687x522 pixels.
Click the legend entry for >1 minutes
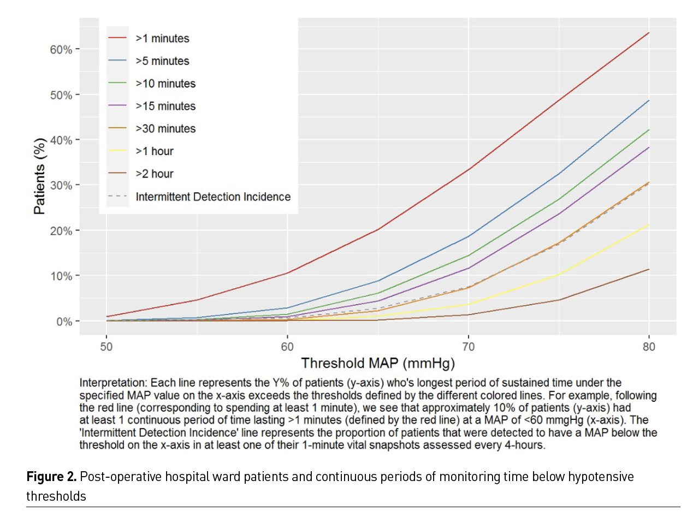pos(162,38)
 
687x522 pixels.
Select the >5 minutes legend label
pos(162,61)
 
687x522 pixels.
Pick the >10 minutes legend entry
pos(165,84)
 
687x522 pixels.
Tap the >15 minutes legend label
pos(165,106)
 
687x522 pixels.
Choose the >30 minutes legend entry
pos(165,129)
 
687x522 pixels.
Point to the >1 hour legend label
pos(155,151)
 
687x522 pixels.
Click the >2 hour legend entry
pos(155,174)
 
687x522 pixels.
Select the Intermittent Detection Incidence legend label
pos(213,197)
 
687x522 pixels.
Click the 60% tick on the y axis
pos(61,50)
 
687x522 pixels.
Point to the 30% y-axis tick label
pos(61,186)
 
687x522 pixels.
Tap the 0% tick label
pos(64,322)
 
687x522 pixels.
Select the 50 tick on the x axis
pos(106,347)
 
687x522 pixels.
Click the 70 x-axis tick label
pos(468,347)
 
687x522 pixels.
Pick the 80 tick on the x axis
pos(649,347)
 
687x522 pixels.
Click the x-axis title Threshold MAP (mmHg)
pos(378,363)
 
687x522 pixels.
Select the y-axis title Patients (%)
pos(39,176)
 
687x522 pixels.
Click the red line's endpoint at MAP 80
pos(649,33)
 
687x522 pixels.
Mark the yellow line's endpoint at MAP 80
pos(649,224)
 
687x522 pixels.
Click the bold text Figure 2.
pos(51,477)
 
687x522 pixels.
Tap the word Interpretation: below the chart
pos(113,383)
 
